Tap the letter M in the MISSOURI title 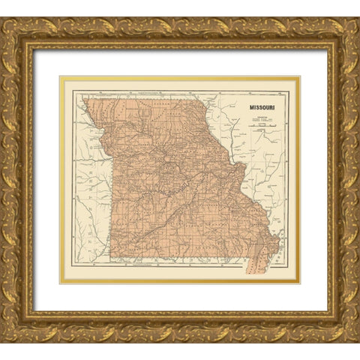251,107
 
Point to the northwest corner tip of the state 83,98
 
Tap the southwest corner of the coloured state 116,262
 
